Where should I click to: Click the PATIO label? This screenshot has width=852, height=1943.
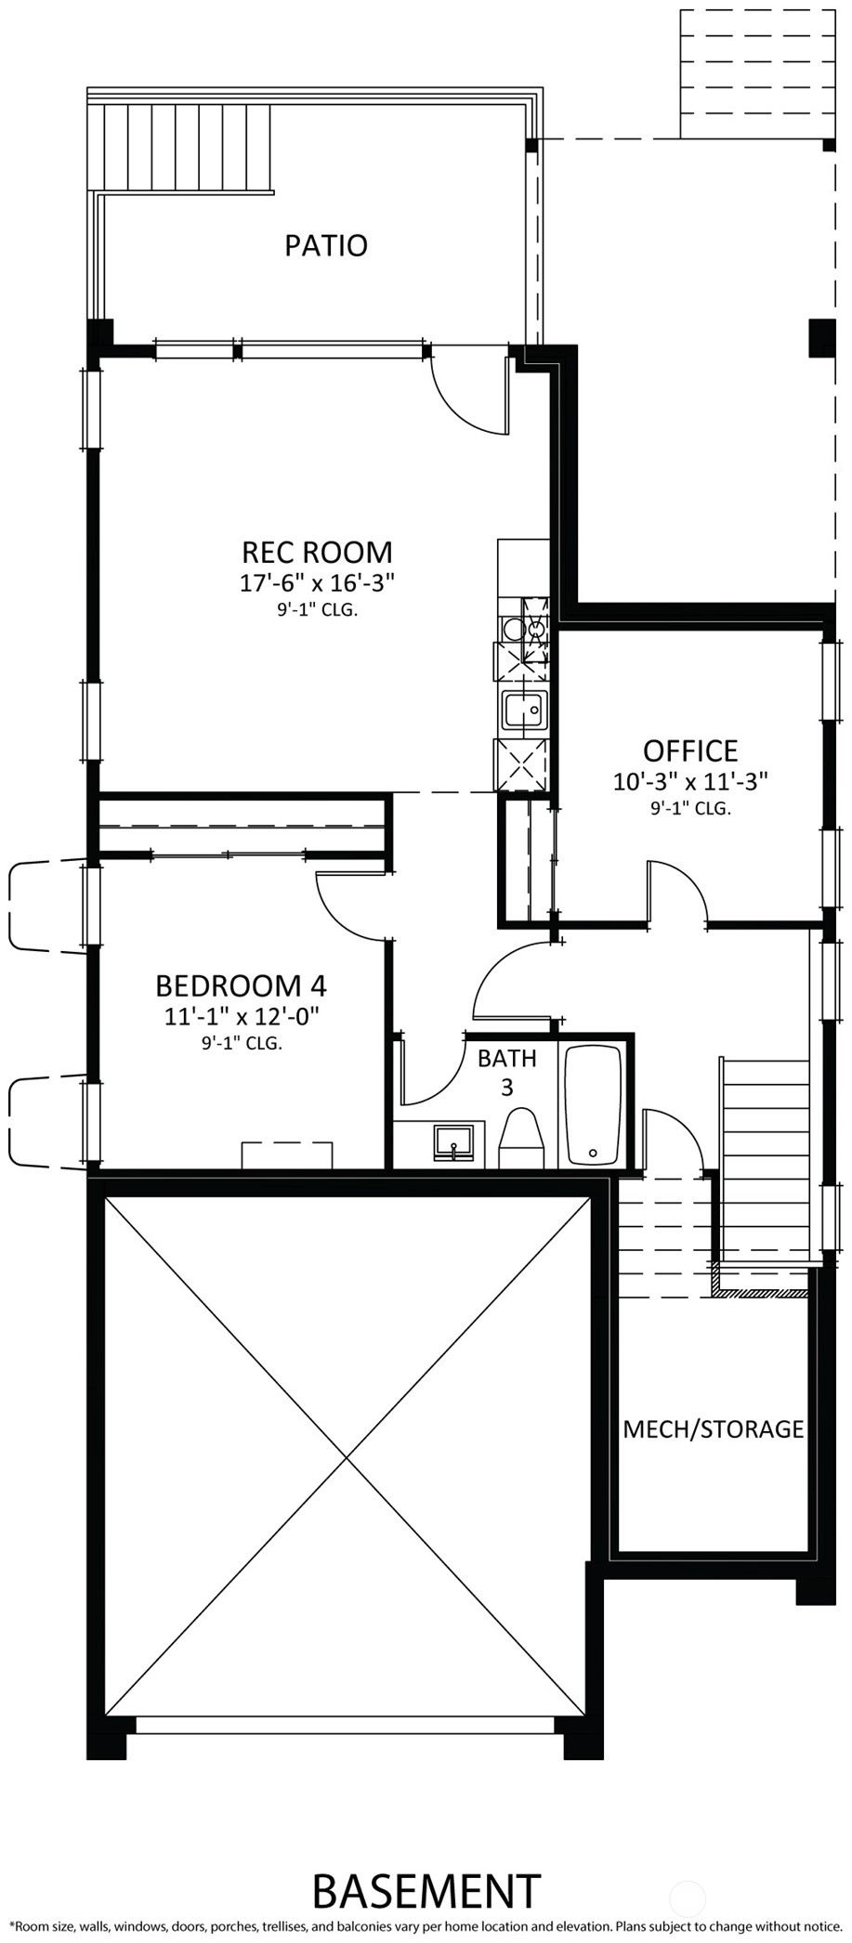[x=326, y=245]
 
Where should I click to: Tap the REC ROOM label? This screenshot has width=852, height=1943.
[x=317, y=552]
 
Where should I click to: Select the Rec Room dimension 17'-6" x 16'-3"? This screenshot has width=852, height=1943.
[x=318, y=583]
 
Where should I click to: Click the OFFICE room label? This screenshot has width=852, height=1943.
[x=690, y=750]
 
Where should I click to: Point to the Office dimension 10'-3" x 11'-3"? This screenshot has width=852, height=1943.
[x=690, y=781]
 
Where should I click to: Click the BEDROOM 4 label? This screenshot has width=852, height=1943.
[x=241, y=985]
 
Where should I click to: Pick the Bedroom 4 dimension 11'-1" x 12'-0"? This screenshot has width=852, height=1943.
[x=242, y=1016]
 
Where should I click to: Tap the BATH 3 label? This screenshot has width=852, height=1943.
[x=507, y=1072]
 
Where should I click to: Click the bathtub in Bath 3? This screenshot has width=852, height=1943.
[x=593, y=1105]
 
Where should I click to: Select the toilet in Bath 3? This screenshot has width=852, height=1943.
[x=522, y=1139]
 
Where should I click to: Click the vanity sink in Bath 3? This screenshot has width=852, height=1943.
[x=454, y=1143]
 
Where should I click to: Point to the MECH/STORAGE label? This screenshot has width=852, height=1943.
[x=713, y=1428]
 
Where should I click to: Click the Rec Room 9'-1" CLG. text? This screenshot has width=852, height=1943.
[x=317, y=611]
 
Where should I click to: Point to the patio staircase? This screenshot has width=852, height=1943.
[x=186, y=149]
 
